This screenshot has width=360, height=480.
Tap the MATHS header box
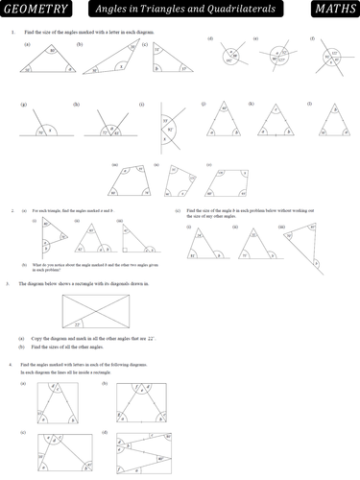(x=333, y=11)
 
